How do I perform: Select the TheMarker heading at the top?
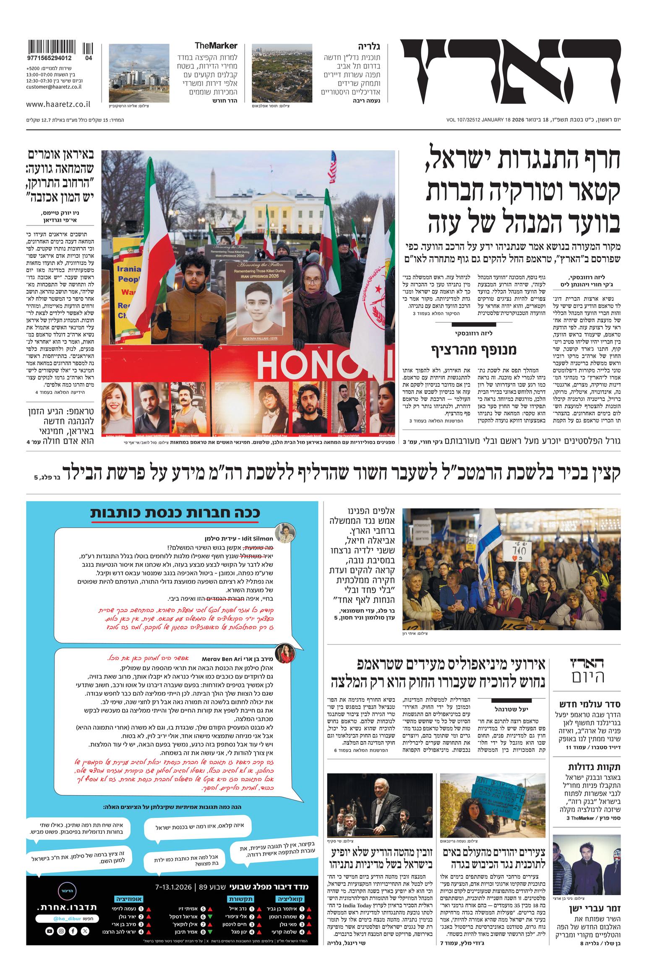(216, 45)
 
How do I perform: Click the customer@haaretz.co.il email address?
(54, 86)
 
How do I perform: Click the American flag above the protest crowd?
(332, 165)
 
